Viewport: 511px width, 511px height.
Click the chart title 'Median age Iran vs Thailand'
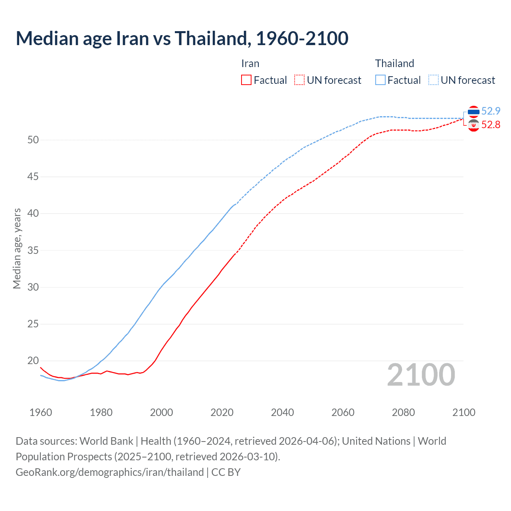click(182, 38)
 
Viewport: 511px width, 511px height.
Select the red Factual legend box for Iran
click(246, 80)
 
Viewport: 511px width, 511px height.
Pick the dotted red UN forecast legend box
click(299, 80)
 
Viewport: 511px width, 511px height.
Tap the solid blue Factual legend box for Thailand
click(380, 80)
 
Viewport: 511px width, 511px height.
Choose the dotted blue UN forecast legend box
click(434, 80)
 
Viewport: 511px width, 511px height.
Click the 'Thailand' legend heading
click(394, 63)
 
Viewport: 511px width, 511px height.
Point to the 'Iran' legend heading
click(250, 63)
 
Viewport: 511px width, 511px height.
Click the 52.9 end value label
click(491, 111)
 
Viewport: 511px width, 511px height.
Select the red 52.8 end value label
click(491, 125)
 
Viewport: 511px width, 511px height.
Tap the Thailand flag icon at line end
click(473, 111)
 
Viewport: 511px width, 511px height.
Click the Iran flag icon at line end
click(473, 125)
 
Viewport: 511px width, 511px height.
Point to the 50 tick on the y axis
click(33, 140)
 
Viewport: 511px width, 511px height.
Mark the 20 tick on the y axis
click(33, 361)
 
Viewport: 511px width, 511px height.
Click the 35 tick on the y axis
click(33, 250)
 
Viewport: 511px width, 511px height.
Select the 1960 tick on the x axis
click(41, 412)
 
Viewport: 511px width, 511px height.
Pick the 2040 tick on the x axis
click(282, 412)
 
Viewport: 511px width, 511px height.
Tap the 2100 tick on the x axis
click(463, 412)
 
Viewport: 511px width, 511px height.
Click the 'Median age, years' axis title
click(17, 248)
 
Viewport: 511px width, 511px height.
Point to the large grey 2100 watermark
click(421, 374)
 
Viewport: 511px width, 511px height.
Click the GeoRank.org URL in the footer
click(110, 472)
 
